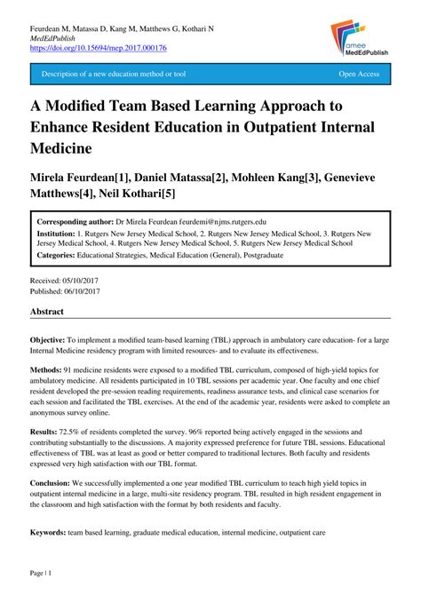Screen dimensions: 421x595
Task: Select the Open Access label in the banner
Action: tap(359, 75)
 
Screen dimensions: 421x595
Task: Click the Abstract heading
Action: tap(48, 313)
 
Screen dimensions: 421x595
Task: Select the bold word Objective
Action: tap(48, 340)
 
